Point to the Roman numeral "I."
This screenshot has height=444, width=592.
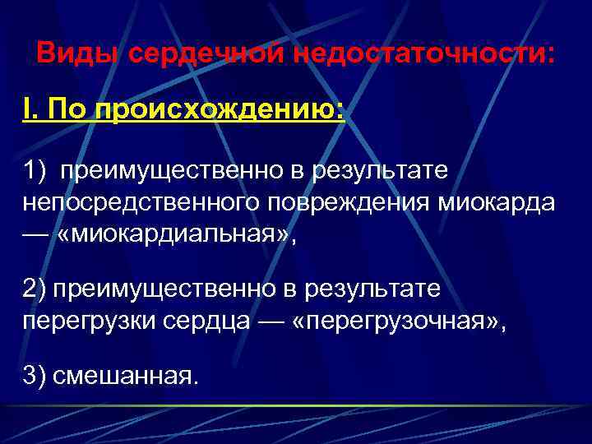click(31, 110)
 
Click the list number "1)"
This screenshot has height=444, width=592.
click(36, 171)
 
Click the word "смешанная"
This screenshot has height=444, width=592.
click(124, 376)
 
